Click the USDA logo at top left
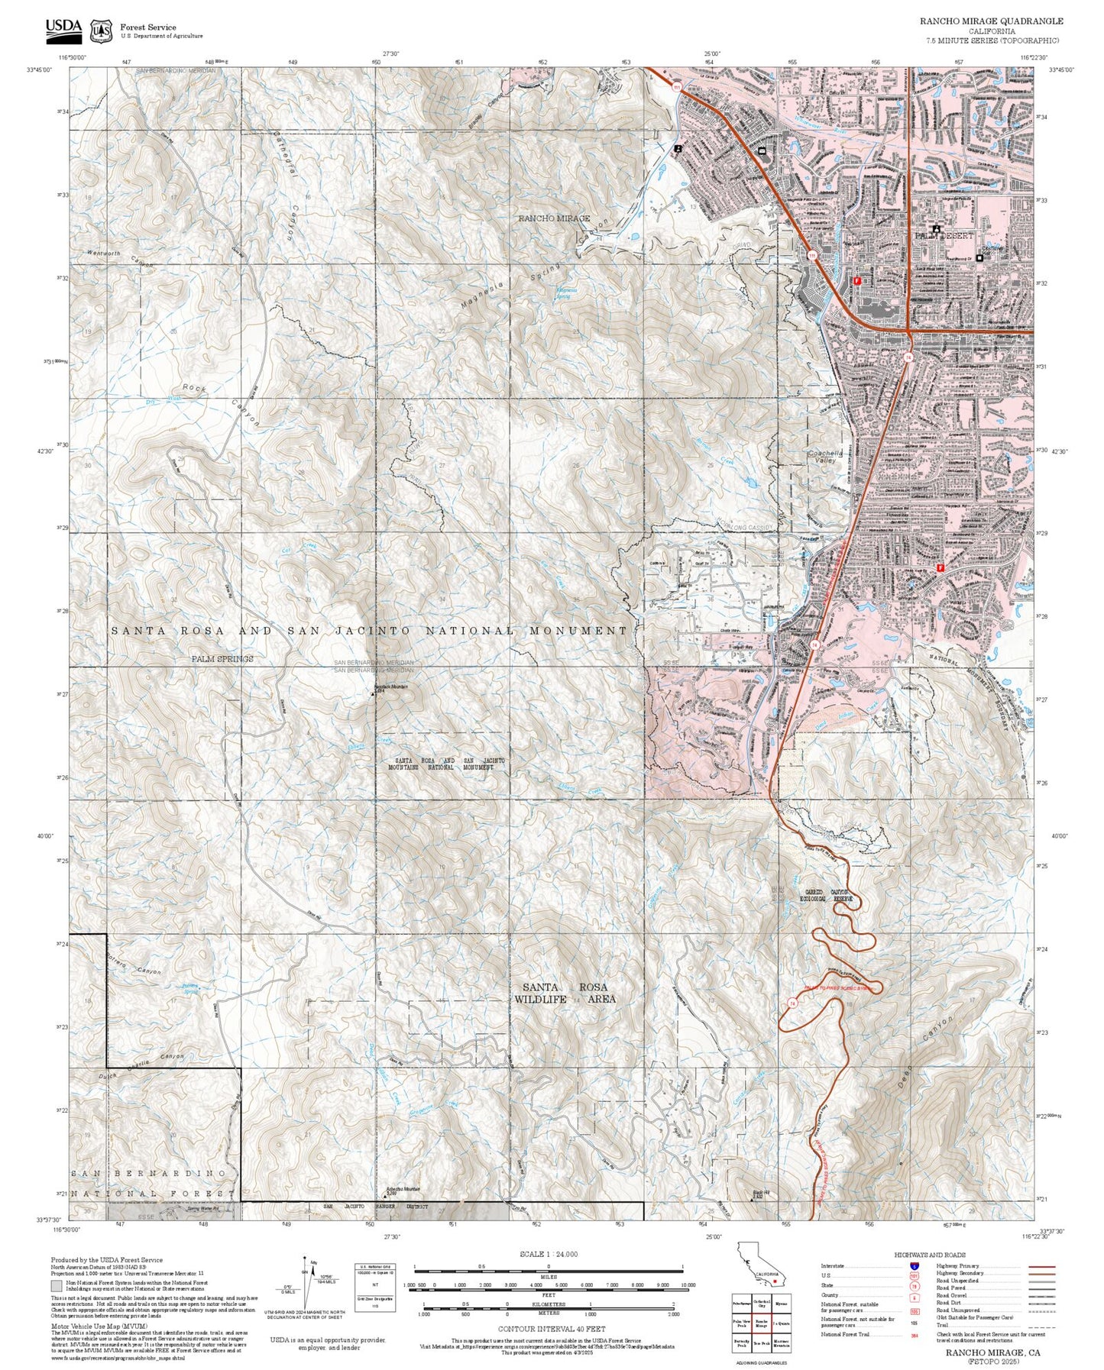[x=63, y=29]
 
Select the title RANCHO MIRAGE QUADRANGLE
[x=990, y=21]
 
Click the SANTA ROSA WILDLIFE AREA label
[x=565, y=993]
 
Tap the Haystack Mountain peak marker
[x=374, y=694]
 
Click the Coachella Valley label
[x=826, y=457]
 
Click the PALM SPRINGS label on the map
[x=222, y=658]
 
